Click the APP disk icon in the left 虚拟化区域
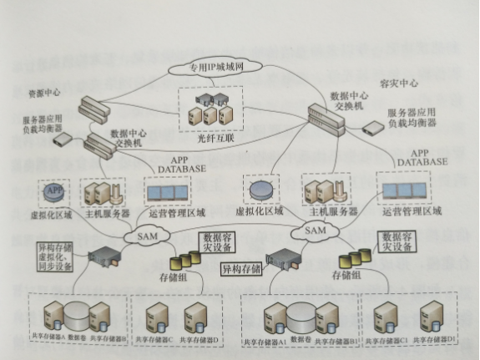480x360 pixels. pos(54,191)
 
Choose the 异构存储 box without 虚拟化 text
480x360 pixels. pos(242,269)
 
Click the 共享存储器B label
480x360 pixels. pos(109,337)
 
